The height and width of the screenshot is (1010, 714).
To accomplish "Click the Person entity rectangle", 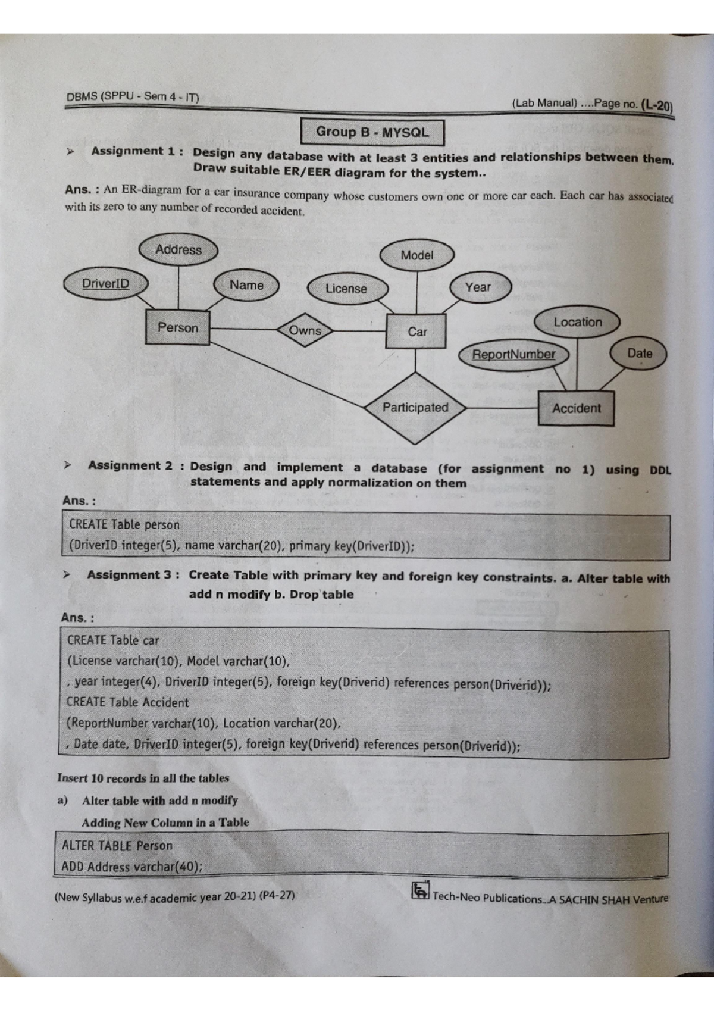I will click(x=177, y=327).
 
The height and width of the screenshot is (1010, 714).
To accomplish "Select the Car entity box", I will click(x=416, y=331).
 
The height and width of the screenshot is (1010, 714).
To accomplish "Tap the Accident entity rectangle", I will click(x=576, y=408).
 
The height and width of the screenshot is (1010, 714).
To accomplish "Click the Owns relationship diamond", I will click(x=305, y=330).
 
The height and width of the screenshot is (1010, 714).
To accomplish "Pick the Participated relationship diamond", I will click(x=415, y=408).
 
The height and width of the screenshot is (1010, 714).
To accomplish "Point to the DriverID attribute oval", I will click(x=105, y=284).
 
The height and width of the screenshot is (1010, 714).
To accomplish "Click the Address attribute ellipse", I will click(x=178, y=249).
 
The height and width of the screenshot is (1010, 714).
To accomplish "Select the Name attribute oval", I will click(x=246, y=285).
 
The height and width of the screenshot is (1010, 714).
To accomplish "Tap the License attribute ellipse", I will click(x=347, y=289).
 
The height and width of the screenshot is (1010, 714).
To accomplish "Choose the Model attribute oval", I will click(x=416, y=255).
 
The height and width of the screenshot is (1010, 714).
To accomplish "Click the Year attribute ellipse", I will click(x=478, y=287).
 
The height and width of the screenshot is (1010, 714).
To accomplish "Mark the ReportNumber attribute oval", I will click(x=513, y=355).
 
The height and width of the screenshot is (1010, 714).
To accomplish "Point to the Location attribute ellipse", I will click(x=577, y=322).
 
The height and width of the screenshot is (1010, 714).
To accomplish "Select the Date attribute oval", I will click(x=639, y=354).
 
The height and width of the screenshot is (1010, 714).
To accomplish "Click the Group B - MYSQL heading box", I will click(x=372, y=132).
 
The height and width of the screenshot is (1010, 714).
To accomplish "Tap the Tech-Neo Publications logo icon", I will click(x=420, y=890).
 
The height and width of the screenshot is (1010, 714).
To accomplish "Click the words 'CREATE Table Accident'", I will click(x=128, y=702).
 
